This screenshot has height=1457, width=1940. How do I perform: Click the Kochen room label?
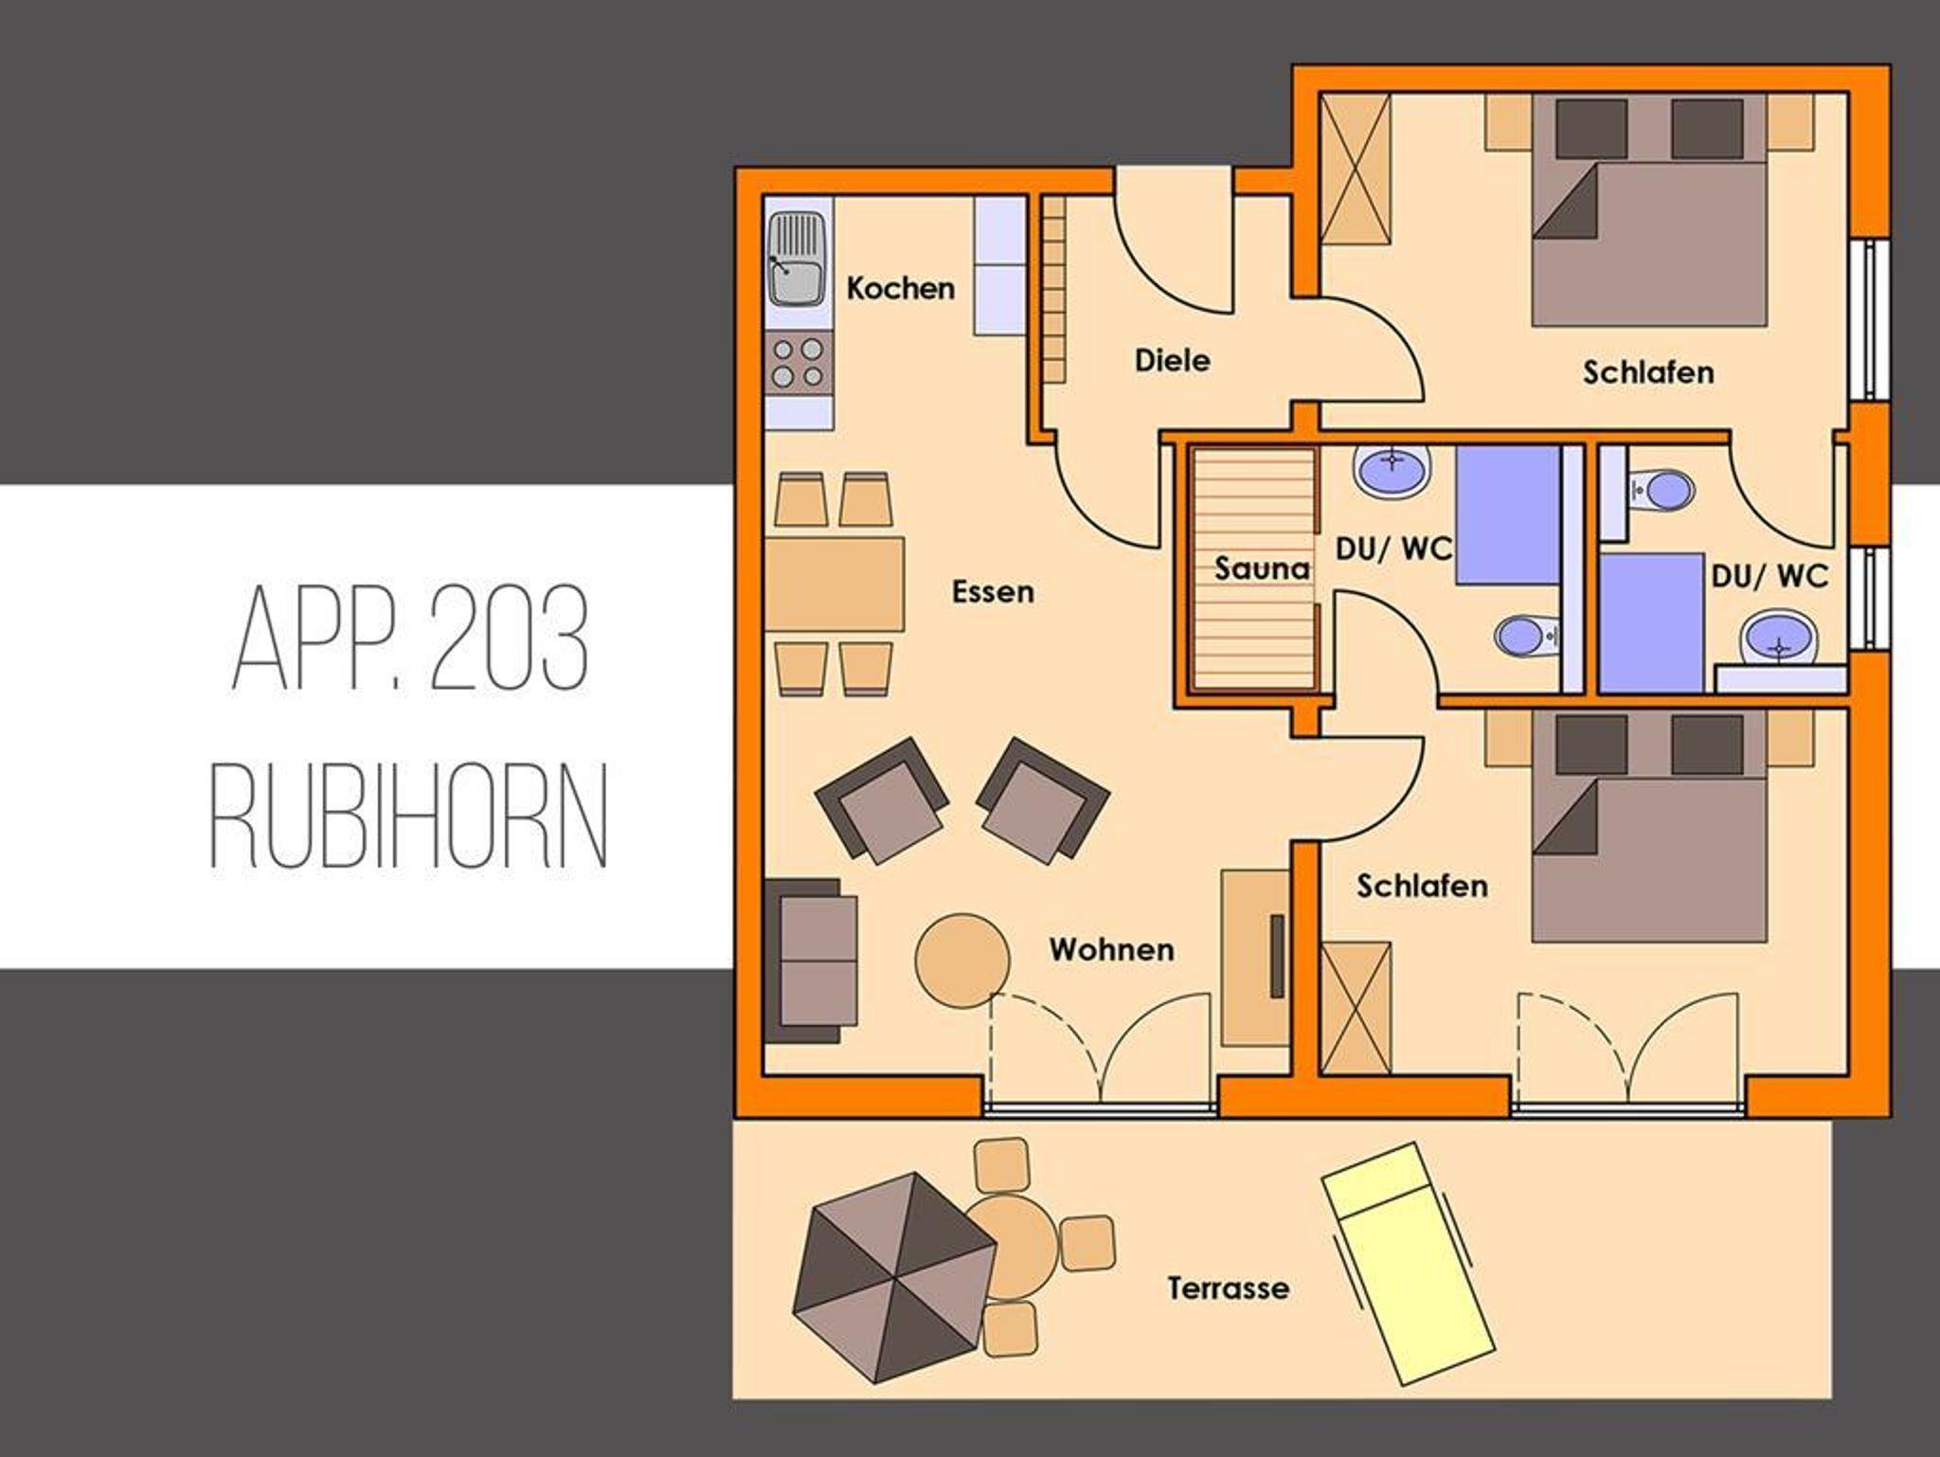click(x=900, y=288)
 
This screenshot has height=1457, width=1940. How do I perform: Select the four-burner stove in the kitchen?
click(x=798, y=363)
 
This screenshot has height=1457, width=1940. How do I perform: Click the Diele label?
click(x=1173, y=360)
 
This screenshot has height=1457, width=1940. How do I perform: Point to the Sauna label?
click(x=1262, y=568)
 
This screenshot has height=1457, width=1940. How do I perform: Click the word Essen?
click(x=993, y=592)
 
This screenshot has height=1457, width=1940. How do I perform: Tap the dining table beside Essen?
click(x=835, y=585)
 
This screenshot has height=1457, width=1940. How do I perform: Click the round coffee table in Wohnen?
click(x=961, y=960)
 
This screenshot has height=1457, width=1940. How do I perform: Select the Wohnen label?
click(x=1111, y=949)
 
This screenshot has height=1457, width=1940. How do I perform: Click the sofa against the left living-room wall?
click(x=812, y=961)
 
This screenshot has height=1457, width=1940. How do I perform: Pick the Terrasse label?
click(x=1228, y=1288)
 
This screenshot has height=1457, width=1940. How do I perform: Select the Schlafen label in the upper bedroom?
click(x=1648, y=372)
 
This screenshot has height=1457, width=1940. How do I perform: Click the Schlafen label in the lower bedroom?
click(x=1422, y=886)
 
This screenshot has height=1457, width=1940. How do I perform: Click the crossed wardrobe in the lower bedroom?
click(x=1356, y=1008)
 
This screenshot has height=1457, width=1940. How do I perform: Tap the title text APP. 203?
click(x=411, y=640)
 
